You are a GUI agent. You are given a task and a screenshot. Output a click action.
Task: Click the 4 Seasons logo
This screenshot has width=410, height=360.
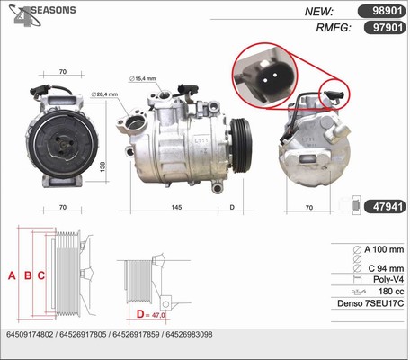coord(41,14)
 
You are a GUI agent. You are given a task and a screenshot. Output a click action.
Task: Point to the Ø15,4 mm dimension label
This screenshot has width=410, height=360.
coord(143,78)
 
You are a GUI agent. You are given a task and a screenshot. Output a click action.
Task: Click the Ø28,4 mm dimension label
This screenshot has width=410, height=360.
coord(104,94)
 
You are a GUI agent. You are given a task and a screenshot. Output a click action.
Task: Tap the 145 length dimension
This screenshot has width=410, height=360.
coord(176,207)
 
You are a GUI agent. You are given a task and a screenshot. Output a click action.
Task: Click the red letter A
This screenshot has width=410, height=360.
coord(12,275)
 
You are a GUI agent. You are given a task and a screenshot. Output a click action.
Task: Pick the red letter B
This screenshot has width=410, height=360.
coord(28,275)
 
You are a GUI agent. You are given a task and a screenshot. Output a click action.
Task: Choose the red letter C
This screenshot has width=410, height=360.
coord(41,275)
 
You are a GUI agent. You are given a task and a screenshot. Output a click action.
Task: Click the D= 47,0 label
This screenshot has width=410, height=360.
coord(150,314)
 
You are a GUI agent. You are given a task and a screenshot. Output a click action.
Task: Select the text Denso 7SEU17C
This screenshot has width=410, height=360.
coord(370,303)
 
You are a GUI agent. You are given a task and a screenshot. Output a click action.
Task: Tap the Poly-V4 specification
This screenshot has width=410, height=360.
coord(388,279)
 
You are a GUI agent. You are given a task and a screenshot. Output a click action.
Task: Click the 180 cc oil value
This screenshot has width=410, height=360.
coord(391,292)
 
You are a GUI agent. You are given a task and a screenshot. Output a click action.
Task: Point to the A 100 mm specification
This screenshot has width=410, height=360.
coord(384,249)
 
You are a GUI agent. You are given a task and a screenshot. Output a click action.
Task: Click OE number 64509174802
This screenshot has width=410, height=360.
coord(30,334)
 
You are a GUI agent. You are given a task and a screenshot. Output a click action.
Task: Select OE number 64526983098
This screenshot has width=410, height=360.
coord(189,334)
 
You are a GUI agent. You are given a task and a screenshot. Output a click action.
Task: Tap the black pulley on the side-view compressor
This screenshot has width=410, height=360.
coord(242,146)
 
